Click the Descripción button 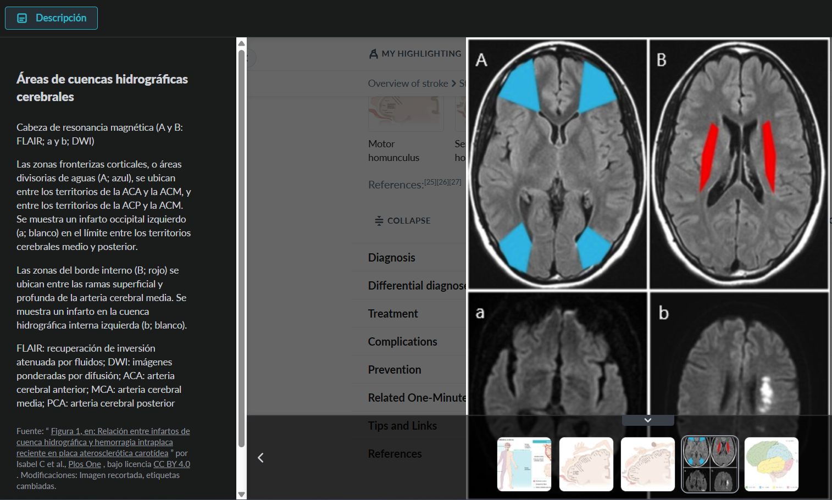52,18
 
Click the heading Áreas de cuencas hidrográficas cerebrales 102,88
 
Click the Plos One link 85,464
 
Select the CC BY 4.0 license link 171,464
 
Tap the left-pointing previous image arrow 261,458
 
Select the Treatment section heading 393,314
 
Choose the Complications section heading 402,342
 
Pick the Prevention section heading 395,370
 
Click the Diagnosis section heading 391,258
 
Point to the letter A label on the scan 481,60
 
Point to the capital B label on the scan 662,60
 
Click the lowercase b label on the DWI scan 664,313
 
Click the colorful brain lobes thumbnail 772,464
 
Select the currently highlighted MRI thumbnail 709,464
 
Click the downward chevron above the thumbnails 648,420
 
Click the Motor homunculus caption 393,151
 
